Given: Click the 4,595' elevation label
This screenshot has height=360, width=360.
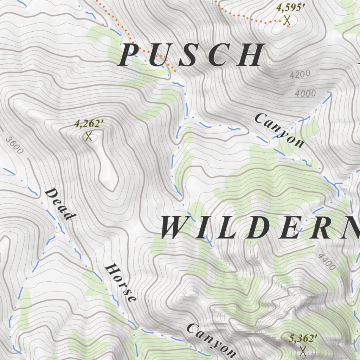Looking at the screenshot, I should [x=289, y=8].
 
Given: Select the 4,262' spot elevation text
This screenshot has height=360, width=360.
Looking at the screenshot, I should [x=89, y=124].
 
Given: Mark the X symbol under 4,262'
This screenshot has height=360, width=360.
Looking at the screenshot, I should [x=88, y=136].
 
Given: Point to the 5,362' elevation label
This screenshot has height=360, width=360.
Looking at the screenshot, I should [x=303, y=339].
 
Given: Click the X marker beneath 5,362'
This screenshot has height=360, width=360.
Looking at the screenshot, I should [x=303, y=351].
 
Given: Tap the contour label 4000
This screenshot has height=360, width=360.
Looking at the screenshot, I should [x=305, y=94].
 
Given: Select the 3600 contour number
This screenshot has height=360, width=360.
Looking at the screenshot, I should [x=15, y=145].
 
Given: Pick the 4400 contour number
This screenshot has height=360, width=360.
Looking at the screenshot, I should [x=327, y=262].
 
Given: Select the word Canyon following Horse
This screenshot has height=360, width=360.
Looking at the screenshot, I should [x=211, y=340].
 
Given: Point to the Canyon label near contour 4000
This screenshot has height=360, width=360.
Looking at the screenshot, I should [x=279, y=130].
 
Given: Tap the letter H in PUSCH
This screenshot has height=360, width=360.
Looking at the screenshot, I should [x=251, y=55].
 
